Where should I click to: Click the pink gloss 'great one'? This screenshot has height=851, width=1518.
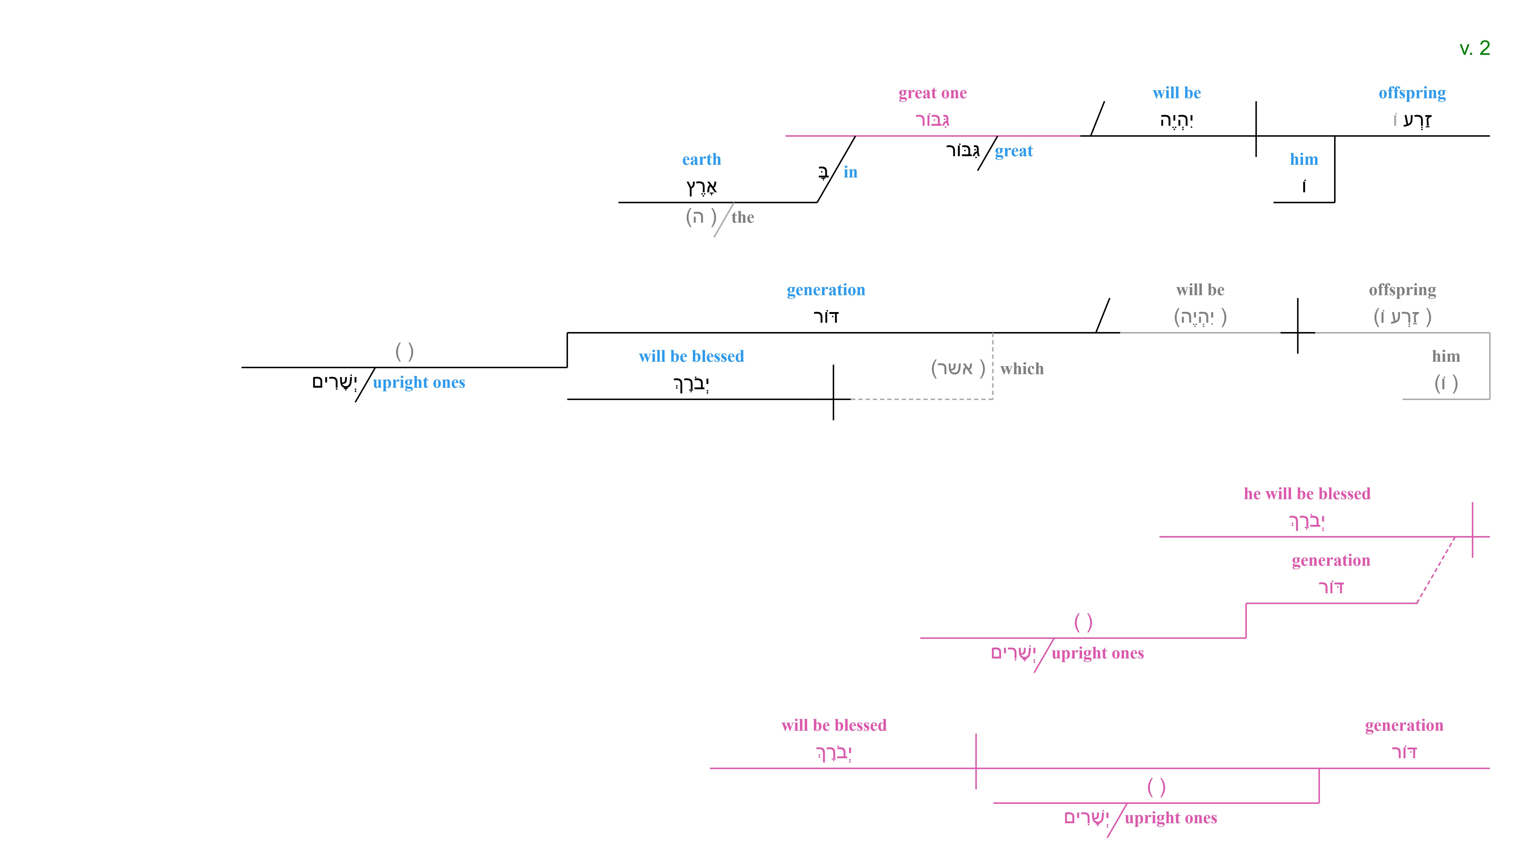pyautogui.click(x=932, y=93)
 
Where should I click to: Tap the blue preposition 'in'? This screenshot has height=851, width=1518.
pyautogui.click(x=850, y=172)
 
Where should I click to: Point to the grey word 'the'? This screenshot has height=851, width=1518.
pyautogui.click(x=742, y=217)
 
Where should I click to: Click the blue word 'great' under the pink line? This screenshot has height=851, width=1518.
pyautogui.click(x=1014, y=151)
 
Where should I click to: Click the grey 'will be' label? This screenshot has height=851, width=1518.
pyautogui.click(x=1200, y=290)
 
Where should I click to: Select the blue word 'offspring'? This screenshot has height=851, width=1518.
pyautogui.click(x=1412, y=93)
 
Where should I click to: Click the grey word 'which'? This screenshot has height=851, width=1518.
pyautogui.click(x=1022, y=369)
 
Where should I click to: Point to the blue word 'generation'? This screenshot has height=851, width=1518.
pyautogui.click(x=825, y=290)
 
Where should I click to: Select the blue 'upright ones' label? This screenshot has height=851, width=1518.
pyautogui.click(x=419, y=382)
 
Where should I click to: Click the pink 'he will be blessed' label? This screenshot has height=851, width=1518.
pyautogui.click(x=1307, y=494)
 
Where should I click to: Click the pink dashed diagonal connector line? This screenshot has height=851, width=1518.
pyautogui.click(x=1435, y=570)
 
